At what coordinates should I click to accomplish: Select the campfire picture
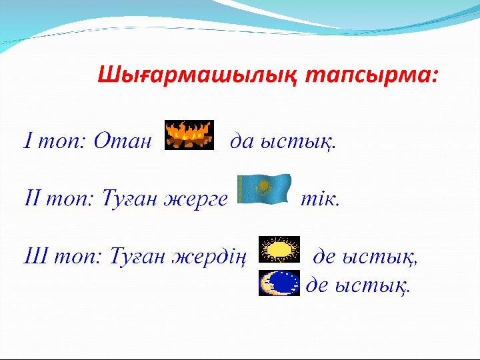click(189, 135)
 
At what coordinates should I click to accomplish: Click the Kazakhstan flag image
click(264, 189)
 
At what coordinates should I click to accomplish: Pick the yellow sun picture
click(279, 249)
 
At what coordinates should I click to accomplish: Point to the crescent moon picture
click(279, 283)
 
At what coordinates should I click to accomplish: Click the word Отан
click(123, 141)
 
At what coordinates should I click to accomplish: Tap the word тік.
click(320, 199)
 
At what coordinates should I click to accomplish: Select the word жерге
click(196, 199)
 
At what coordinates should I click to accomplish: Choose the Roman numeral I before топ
click(28, 141)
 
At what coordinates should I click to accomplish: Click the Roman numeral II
click(32, 198)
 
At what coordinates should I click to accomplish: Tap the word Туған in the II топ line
click(129, 199)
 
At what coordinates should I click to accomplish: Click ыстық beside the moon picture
click(372, 287)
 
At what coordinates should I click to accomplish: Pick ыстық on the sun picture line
click(379, 258)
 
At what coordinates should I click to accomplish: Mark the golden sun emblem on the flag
click(263, 185)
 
